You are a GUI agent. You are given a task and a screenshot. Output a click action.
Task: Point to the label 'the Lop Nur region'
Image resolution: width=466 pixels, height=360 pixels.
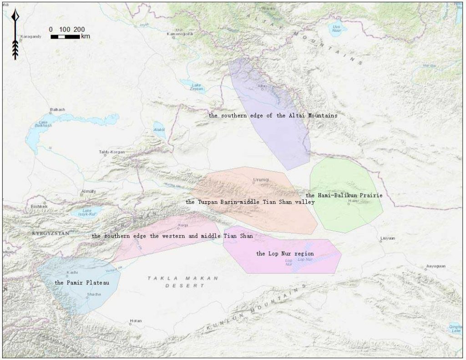[285, 253]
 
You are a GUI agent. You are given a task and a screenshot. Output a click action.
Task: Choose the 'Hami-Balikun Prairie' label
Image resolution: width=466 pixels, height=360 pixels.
[344, 195]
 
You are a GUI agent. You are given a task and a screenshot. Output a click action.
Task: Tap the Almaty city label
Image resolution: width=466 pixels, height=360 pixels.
[88, 191]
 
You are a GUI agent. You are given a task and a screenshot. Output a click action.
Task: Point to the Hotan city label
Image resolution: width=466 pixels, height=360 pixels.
[136, 320]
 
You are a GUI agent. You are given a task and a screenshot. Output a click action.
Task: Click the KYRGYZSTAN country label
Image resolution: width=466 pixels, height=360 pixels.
[50, 233]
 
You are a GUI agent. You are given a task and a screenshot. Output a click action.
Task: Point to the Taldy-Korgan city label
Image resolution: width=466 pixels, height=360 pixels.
[111, 152]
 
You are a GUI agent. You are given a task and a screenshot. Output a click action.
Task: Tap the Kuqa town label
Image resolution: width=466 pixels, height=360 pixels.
[183, 225]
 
